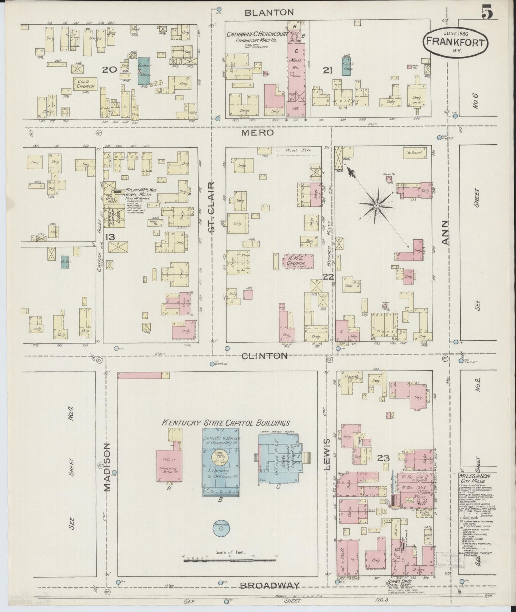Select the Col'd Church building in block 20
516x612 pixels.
85,84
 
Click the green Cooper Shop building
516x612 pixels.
144,71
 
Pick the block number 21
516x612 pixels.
327,70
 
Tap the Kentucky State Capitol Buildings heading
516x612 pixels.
226,423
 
